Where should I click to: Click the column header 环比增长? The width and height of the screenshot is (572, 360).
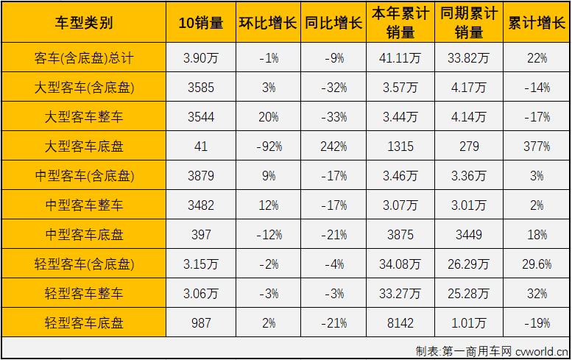268,23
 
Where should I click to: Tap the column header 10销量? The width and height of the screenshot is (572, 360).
201,23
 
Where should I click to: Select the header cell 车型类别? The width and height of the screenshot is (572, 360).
84,23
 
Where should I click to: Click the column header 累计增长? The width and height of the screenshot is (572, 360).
537,23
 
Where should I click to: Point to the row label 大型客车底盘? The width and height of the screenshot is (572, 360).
84,147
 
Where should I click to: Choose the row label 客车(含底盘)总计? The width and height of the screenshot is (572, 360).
84,58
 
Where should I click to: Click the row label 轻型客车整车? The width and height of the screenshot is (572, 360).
84,294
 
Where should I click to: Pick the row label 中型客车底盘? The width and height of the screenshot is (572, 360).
84,235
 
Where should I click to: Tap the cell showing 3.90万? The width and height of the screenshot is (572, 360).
201,58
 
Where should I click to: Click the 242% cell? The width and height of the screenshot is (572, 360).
334,147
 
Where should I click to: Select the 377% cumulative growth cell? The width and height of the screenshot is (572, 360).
537,147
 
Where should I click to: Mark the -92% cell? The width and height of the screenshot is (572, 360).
268,147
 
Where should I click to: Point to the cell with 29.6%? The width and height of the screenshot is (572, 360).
537,264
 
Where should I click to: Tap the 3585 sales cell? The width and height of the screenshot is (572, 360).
201,88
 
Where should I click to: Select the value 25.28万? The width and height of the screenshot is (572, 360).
469,294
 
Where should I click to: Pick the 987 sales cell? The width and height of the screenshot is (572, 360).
201,323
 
